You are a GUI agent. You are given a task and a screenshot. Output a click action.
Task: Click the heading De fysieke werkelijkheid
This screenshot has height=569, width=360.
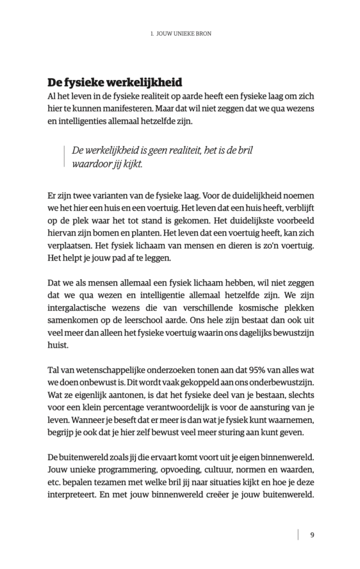pyautogui.click(x=115, y=83)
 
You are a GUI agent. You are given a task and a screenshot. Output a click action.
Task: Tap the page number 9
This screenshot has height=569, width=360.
pyautogui.click(x=312, y=535)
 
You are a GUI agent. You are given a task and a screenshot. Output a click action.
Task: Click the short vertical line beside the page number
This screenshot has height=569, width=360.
pyautogui.click(x=299, y=535)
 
